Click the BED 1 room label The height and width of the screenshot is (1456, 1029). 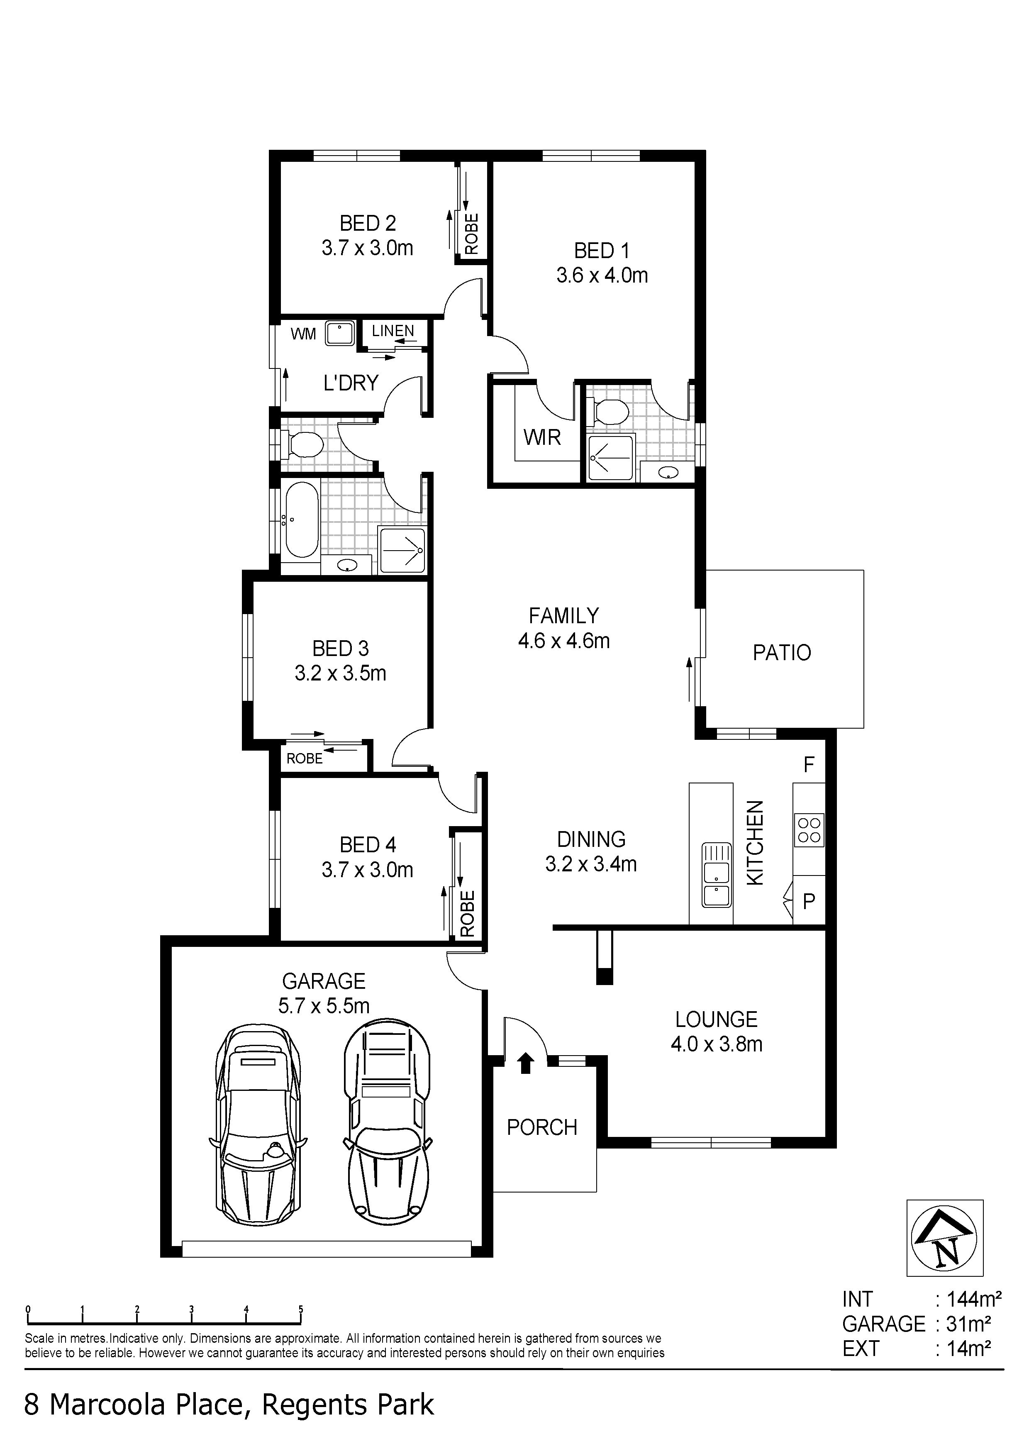click(602, 251)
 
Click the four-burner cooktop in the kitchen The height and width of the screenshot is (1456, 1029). click(809, 830)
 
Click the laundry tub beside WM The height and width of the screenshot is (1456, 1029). click(340, 334)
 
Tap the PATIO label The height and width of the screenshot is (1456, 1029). click(782, 653)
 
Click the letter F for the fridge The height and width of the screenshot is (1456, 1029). click(809, 765)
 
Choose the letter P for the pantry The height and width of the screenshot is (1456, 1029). click(809, 902)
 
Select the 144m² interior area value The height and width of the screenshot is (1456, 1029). click(974, 1300)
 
